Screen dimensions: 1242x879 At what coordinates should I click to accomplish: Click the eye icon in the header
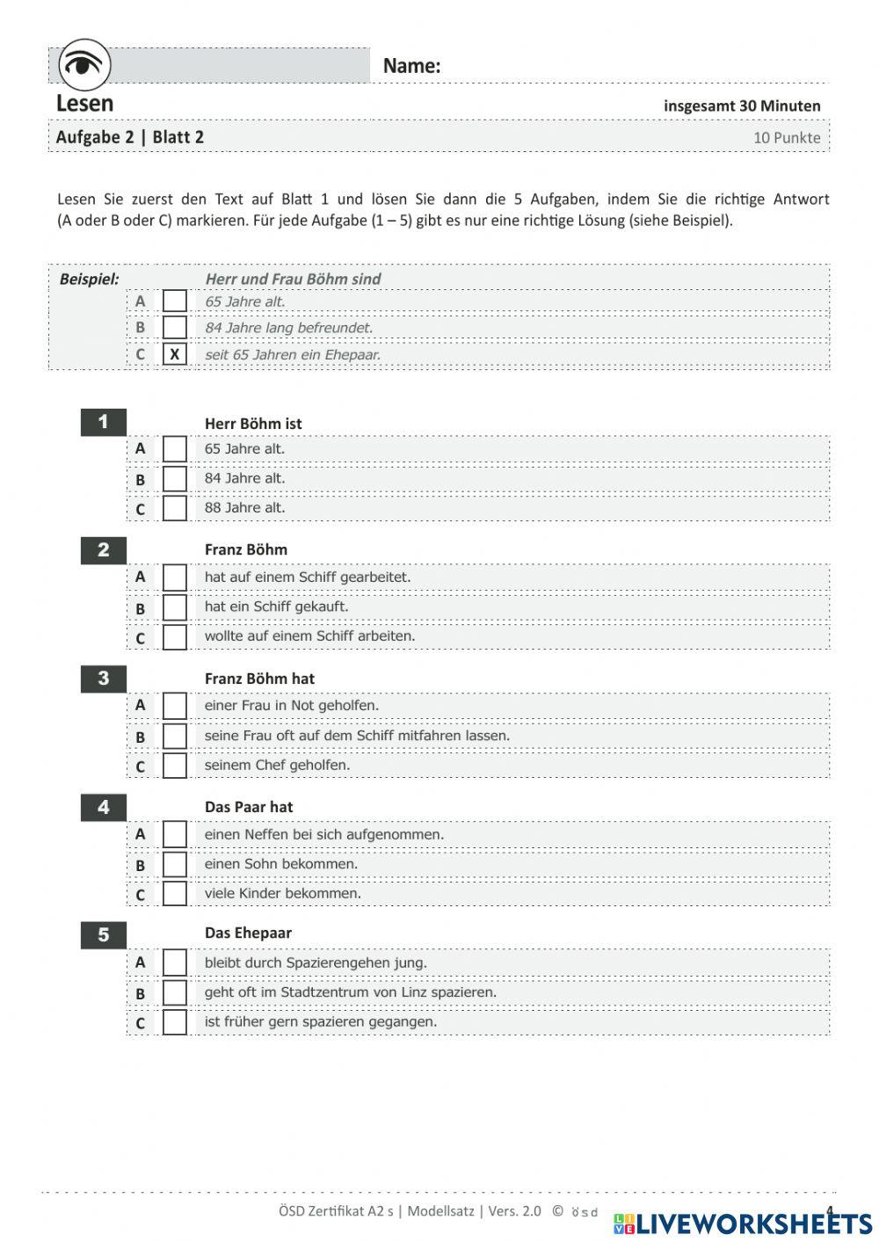tap(84, 64)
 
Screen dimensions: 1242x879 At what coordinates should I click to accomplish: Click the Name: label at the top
tap(411, 66)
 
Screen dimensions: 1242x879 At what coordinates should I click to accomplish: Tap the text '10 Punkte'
tap(787, 137)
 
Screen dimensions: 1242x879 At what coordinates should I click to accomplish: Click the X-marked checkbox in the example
tap(175, 354)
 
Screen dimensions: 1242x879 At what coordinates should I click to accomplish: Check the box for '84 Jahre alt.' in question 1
tap(175, 479)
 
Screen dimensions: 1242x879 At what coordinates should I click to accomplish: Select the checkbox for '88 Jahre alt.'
tap(175, 508)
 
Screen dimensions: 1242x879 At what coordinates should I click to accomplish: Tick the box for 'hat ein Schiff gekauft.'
tap(175, 607)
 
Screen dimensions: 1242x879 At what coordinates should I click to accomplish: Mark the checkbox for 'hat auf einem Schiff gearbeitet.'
tap(175, 577)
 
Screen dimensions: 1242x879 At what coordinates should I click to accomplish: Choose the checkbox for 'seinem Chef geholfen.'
tap(175, 766)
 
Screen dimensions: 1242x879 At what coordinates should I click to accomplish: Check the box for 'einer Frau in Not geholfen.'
tap(175, 706)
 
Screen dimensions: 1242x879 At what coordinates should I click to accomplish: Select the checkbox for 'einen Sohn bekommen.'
tap(175, 865)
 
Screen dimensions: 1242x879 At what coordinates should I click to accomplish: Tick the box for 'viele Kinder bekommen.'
tap(175, 894)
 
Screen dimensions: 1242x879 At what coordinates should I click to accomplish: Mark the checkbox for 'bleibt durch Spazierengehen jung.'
tap(175, 962)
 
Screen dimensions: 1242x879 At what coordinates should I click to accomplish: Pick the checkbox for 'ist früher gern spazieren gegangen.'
tap(175, 1022)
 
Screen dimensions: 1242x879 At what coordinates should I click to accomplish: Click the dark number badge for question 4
tap(104, 807)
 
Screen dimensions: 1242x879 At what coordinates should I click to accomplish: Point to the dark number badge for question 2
tap(104, 550)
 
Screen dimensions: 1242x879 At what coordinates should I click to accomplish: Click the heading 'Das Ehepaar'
tap(248, 933)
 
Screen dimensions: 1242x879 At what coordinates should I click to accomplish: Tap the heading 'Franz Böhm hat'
tap(259, 679)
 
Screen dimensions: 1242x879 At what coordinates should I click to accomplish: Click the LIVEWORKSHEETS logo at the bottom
tap(744, 1223)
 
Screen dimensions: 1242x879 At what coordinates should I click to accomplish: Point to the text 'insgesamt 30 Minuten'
tap(742, 105)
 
